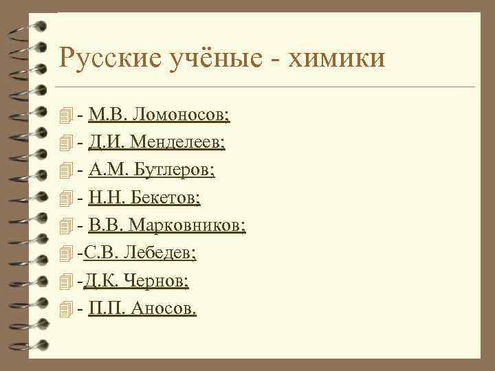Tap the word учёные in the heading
208,58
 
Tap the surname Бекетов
168,199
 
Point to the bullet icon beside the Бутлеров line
66,171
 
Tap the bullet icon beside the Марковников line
66,227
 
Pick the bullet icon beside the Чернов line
66,282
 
